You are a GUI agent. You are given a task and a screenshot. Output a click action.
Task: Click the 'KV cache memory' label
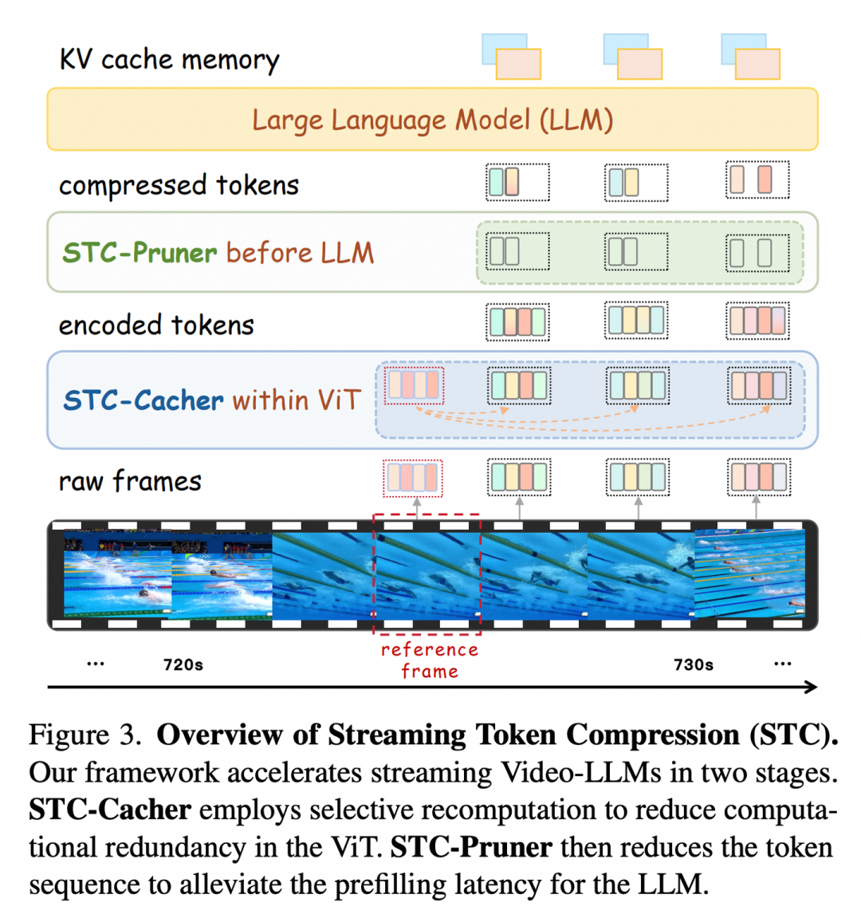click(x=170, y=60)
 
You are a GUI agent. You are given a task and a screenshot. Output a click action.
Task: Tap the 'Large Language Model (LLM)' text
click(x=433, y=120)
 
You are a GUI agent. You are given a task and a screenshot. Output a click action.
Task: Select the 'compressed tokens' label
click(x=179, y=186)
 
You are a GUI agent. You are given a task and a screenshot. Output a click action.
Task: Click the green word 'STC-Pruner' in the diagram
click(x=140, y=253)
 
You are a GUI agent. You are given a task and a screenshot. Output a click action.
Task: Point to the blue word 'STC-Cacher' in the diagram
click(x=143, y=400)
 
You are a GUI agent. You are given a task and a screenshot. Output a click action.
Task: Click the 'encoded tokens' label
click(x=156, y=325)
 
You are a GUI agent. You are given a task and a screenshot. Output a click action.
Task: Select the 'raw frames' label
click(x=130, y=481)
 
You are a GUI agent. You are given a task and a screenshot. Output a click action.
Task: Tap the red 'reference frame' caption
click(x=430, y=660)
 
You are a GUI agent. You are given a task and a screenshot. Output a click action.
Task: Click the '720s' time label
click(x=183, y=665)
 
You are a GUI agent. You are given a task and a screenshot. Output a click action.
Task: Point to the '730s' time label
click(x=694, y=665)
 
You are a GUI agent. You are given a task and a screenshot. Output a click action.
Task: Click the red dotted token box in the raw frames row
click(x=413, y=479)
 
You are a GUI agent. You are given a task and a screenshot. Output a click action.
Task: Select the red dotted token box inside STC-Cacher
click(x=414, y=385)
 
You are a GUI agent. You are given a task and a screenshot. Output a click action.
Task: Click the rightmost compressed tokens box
click(x=757, y=179)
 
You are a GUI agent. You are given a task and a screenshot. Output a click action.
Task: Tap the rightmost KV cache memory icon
click(x=750, y=56)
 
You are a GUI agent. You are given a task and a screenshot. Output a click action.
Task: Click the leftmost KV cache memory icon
click(x=512, y=56)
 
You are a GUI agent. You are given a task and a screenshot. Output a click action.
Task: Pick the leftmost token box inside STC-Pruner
click(x=517, y=251)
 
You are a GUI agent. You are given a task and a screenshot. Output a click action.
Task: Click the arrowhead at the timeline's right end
click(x=812, y=688)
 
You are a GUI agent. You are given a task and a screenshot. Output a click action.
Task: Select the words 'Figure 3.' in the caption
click(x=85, y=735)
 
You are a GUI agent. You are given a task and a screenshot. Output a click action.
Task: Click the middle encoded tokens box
click(x=636, y=321)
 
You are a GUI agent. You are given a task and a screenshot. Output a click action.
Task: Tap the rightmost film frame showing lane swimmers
click(x=750, y=573)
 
